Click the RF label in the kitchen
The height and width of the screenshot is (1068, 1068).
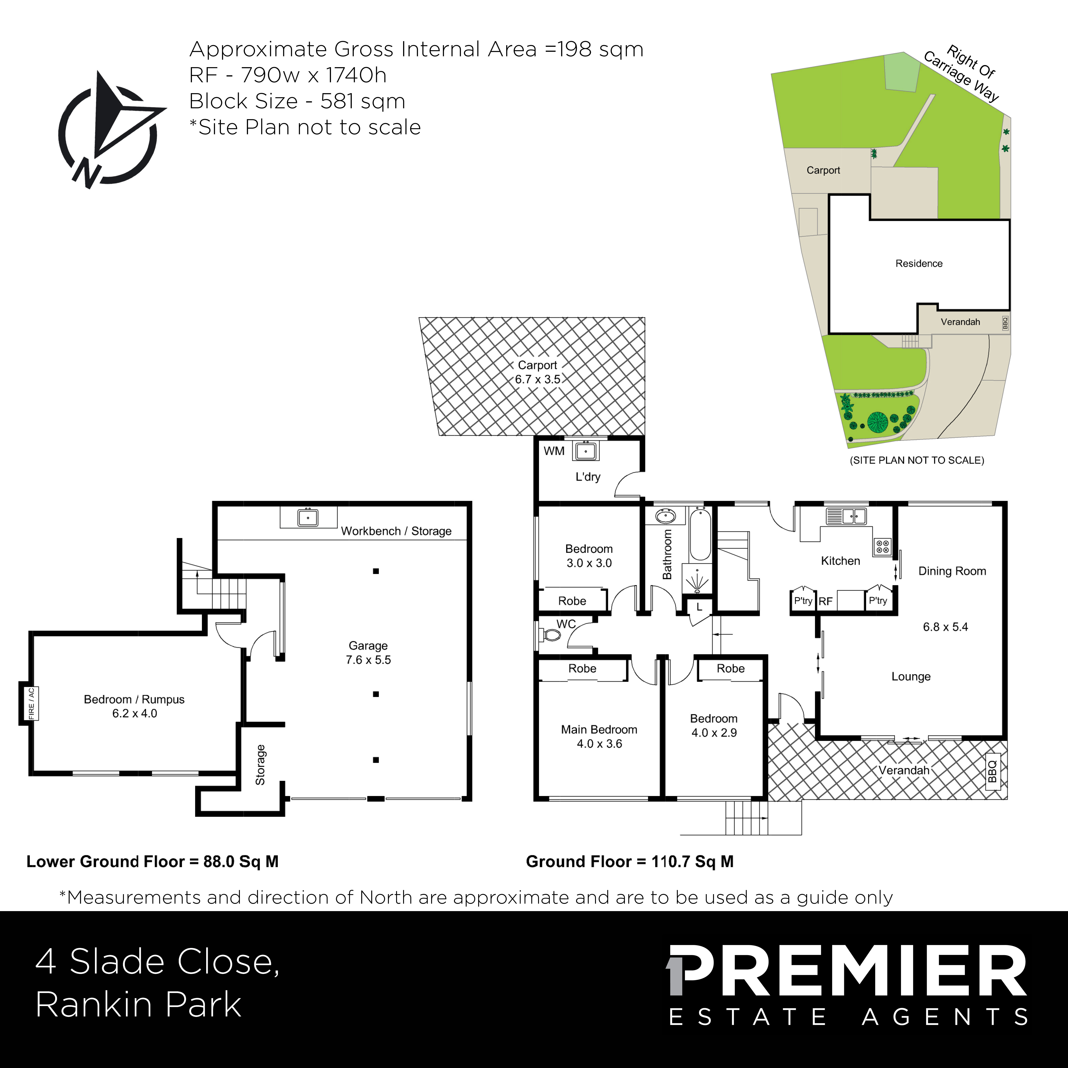pyautogui.click(x=825, y=601)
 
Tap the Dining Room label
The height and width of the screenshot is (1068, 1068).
pyautogui.click(x=952, y=571)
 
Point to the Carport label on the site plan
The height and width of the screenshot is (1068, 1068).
pyautogui.click(x=823, y=170)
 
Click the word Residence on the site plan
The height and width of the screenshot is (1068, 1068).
pyautogui.click(x=919, y=264)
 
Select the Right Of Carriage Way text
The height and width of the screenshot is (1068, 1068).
pyautogui.click(x=963, y=73)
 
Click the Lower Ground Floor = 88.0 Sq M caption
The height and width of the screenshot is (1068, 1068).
pyautogui.click(x=153, y=861)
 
